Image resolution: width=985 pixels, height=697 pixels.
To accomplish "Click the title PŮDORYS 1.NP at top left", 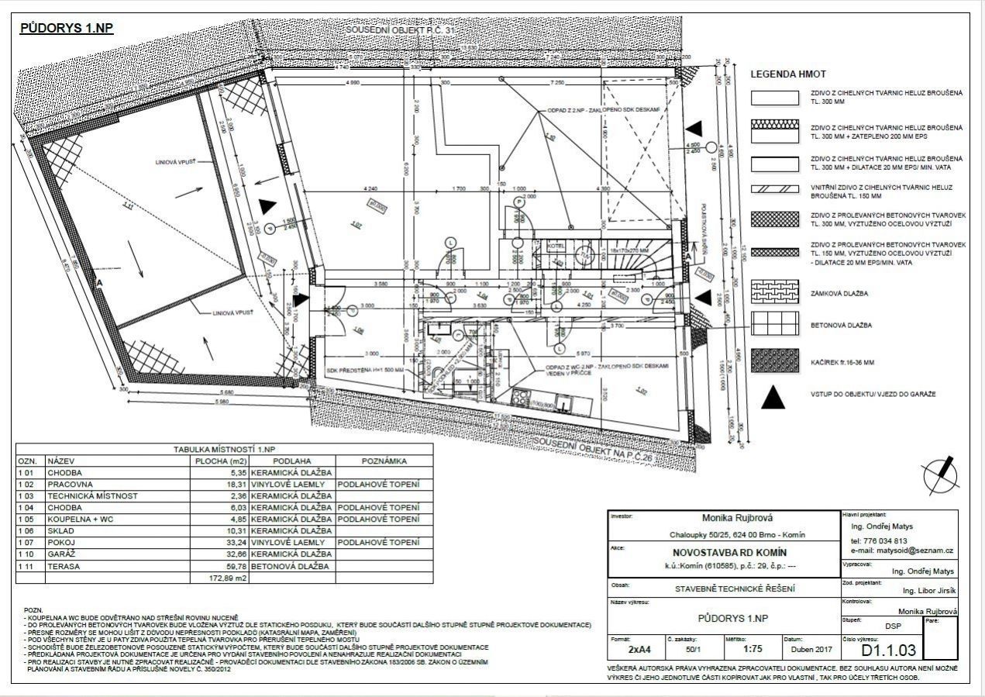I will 67,29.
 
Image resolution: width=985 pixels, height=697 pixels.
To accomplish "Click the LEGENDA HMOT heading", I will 791,75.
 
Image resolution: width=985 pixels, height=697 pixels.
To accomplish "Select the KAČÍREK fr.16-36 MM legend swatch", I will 774,361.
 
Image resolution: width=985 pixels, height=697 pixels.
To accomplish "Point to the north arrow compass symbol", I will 939,474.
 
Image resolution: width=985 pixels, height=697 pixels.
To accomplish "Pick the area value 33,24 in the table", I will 234,543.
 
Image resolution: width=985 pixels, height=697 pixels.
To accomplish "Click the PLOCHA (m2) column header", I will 220,461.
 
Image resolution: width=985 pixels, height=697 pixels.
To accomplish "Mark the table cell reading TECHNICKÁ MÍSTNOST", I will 92,495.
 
